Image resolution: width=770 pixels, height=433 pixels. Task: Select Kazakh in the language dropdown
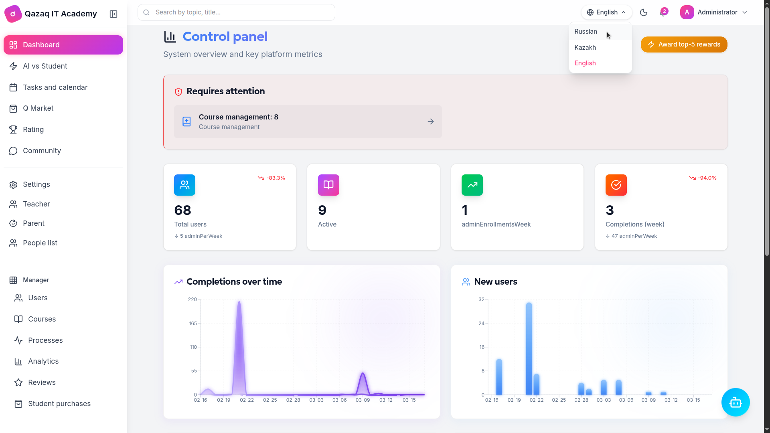[585, 48]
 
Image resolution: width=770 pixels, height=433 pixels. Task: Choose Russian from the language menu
[586, 32]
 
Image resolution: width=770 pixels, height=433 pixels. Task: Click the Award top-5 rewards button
[684, 45]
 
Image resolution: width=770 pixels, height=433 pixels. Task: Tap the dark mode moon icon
[644, 12]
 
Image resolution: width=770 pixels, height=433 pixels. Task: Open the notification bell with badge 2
[663, 12]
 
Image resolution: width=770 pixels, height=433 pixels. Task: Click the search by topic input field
[237, 12]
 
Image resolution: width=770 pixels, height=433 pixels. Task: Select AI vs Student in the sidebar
[45, 66]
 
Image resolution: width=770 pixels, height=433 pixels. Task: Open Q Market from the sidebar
[38, 108]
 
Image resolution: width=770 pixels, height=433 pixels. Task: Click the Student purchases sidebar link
[59, 404]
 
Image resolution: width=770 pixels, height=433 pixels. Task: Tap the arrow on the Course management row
[431, 121]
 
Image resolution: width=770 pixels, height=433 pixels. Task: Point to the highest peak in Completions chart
[239, 302]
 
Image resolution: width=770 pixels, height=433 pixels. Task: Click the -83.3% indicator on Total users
[272, 178]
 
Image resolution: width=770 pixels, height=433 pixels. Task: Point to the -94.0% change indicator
[703, 178]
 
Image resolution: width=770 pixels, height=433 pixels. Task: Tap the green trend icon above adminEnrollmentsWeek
[472, 185]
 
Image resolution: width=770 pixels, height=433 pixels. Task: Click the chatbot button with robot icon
[735, 402]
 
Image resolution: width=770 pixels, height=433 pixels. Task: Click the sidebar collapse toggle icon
[113, 14]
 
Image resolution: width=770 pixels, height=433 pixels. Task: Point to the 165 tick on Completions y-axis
[193, 324]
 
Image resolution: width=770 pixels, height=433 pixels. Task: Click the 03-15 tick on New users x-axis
[693, 400]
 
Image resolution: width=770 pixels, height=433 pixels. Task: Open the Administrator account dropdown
[714, 12]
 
